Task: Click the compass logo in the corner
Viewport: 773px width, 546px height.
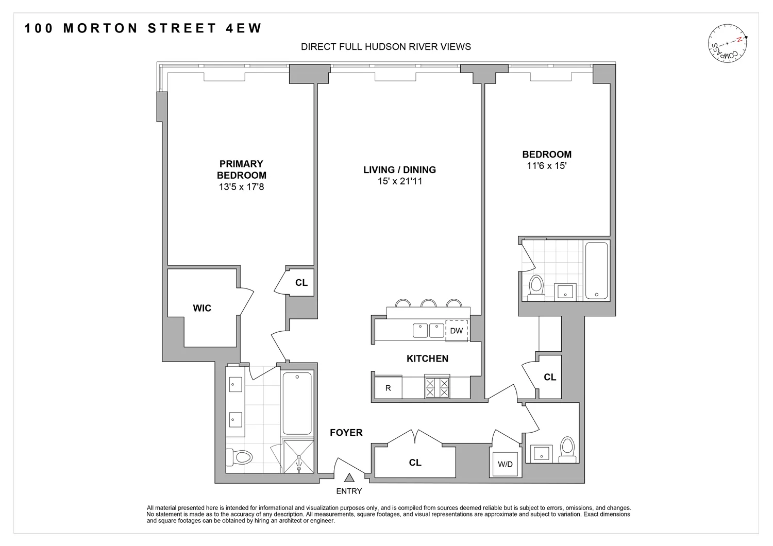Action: click(x=727, y=43)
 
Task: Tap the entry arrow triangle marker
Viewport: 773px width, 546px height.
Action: click(x=349, y=478)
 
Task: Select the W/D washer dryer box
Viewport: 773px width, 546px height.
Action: click(x=505, y=464)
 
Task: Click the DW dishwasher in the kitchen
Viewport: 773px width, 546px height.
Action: click(x=456, y=331)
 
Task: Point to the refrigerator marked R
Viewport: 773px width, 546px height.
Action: click(x=388, y=388)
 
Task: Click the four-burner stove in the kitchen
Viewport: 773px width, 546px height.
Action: click(x=436, y=387)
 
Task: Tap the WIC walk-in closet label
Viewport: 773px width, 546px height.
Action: click(x=202, y=308)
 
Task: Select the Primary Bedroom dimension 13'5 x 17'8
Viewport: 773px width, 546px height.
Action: click(x=241, y=187)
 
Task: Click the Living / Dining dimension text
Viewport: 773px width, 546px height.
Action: click(x=399, y=181)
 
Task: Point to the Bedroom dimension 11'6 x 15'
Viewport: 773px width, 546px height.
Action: click(x=546, y=166)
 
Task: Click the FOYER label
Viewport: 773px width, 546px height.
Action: click(x=346, y=433)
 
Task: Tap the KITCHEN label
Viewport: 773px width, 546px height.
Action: click(x=427, y=359)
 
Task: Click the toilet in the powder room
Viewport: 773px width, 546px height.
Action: click(x=567, y=448)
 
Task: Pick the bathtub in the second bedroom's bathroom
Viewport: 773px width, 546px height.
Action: click(x=597, y=270)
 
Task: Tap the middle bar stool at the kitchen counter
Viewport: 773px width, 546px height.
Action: click(x=428, y=303)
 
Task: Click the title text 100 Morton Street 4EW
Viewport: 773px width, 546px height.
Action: click(x=144, y=28)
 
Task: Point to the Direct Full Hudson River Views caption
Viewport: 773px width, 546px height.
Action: click(x=385, y=47)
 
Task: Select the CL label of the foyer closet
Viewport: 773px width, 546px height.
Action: click(x=415, y=463)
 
